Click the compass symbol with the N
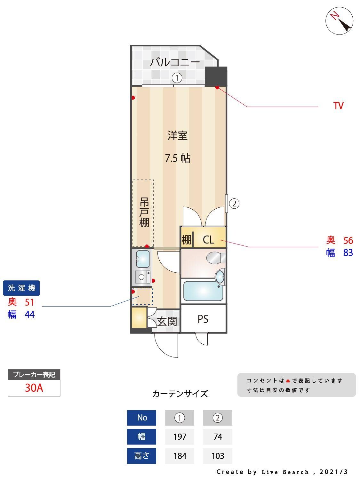[x=339, y=20]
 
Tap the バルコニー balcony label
[x=175, y=62]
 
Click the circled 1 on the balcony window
[x=177, y=77]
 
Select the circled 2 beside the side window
[x=234, y=203]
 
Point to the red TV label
[x=338, y=106]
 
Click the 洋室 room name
[x=177, y=135]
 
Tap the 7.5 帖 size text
[x=178, y=158]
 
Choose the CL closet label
[x=209, y=239]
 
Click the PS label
[x=203, y=319]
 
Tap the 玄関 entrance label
[x=167, y=321]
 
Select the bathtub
[x=203, y=291]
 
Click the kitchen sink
[x=143, y=259]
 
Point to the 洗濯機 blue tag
[x=21, y=288]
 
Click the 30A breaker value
[x=34, y=388]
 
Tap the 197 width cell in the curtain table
[x=180, y=436]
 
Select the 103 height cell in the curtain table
[x=218, y=456]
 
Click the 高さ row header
[x=141, y=456]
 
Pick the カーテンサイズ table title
[x=180, y=394]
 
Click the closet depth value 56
[x=348, y=240]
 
